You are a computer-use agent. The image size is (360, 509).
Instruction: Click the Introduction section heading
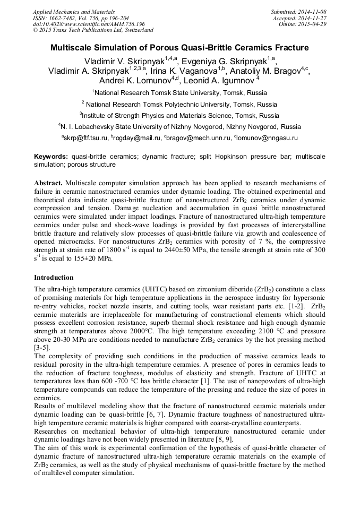pos(54,278)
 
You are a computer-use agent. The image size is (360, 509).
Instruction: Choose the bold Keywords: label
pos(51,157)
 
